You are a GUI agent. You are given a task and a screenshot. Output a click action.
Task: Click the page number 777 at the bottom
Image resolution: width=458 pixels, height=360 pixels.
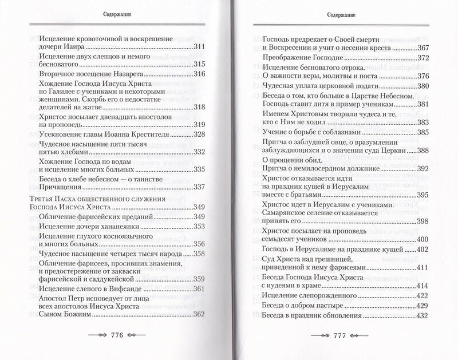pos(340,335)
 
